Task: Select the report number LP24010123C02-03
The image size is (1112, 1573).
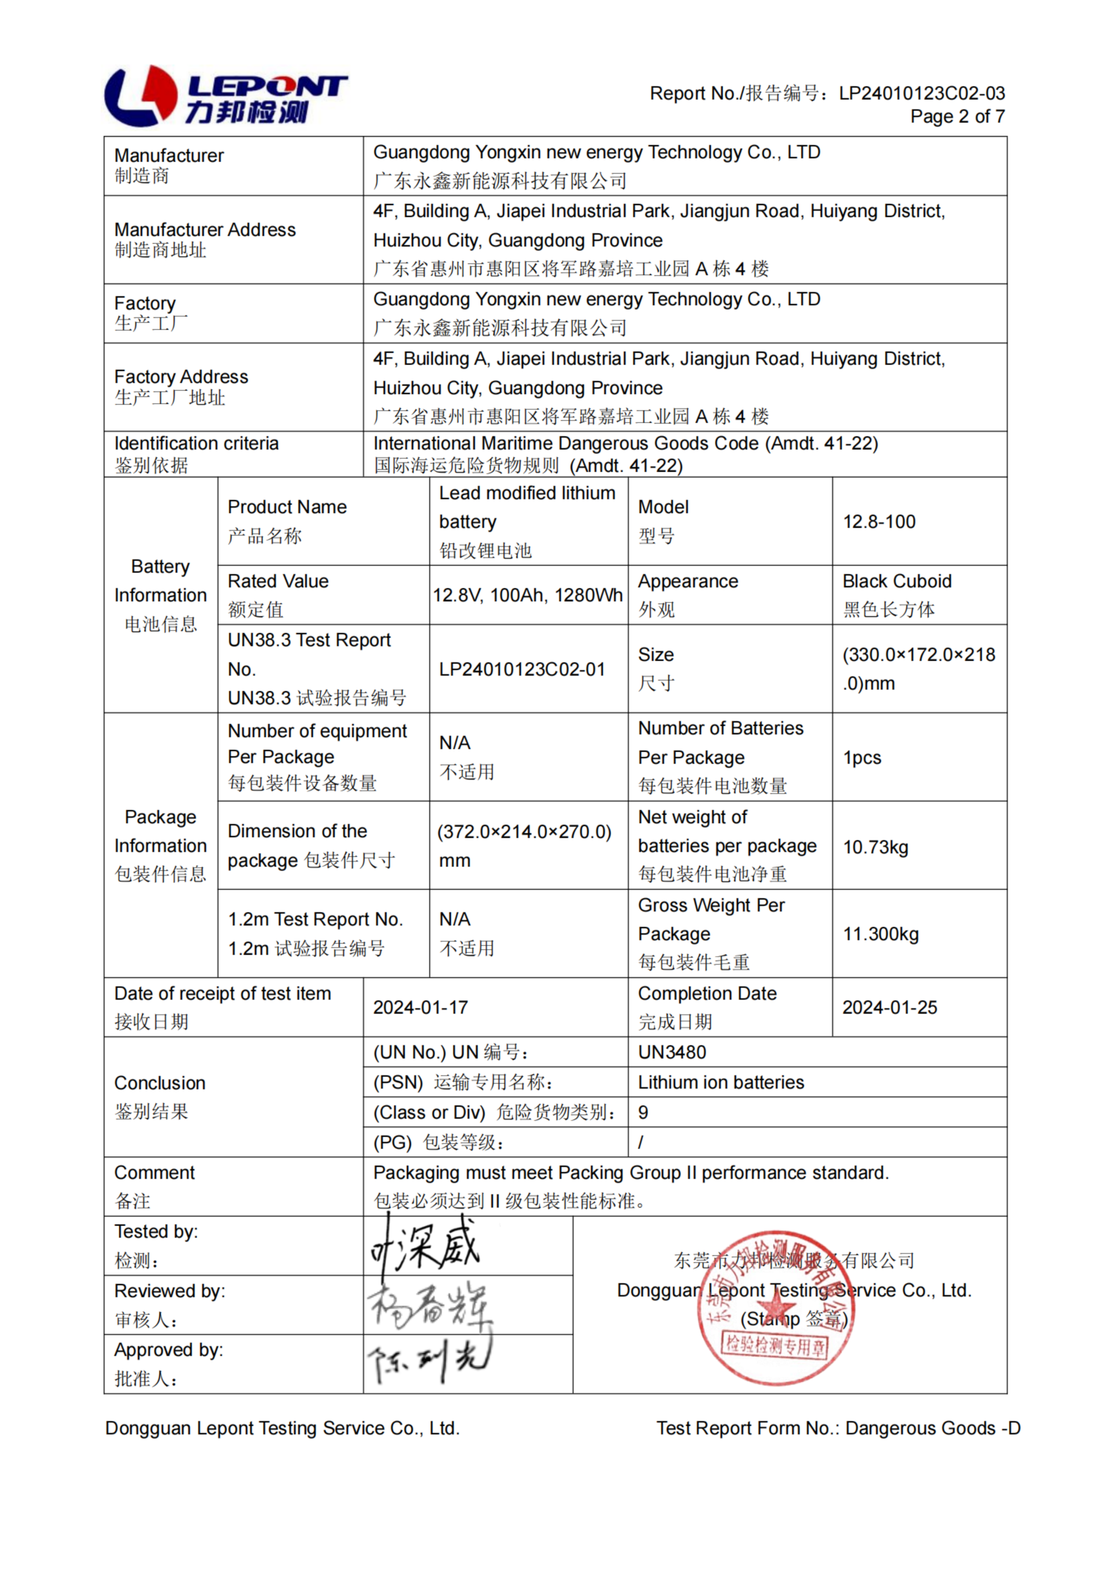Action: [x=921, y=93]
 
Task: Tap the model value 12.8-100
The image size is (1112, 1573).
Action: [x=878, y=521]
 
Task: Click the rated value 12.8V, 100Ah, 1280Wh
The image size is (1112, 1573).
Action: [x=527, y=595]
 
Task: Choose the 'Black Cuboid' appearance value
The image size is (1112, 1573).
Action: [x=896, y=581]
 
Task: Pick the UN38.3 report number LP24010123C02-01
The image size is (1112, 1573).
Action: [x=522, y=669]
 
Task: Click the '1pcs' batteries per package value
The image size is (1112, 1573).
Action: [x=862, y=757]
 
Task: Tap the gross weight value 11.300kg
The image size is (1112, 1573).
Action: [x=880, y=934]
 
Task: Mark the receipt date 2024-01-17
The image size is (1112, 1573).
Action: [x=420, y=1007]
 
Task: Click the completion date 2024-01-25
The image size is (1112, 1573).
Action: [x=889, y=1007]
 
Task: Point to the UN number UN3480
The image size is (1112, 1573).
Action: [x=671, y=1052]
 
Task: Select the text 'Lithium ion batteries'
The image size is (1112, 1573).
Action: [x=721, y=1082]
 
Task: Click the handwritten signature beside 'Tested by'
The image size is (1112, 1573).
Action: [x=425, y=1247]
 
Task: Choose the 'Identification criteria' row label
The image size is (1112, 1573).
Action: [x=196, y=443]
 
